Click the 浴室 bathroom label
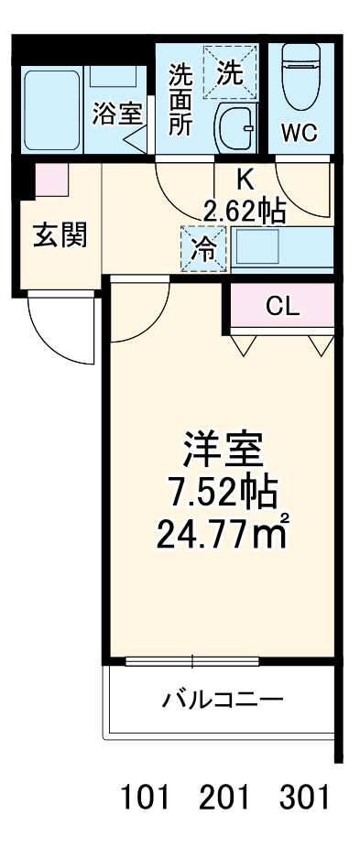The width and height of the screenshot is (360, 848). coord(118,114)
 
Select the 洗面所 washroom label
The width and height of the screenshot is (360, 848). coord(180,99)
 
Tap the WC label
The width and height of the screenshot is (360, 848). coord(299,133)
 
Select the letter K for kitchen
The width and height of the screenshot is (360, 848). coord(245,179)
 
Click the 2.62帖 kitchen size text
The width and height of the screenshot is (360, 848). coord(244,212)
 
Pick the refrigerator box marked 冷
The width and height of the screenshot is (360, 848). coord(202,247)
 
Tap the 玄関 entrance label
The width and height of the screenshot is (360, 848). coord(61,235)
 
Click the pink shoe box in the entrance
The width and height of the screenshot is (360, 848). coord(51,178)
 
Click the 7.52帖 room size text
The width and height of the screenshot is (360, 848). coord(221,495)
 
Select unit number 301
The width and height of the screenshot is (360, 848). coord(303,798)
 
